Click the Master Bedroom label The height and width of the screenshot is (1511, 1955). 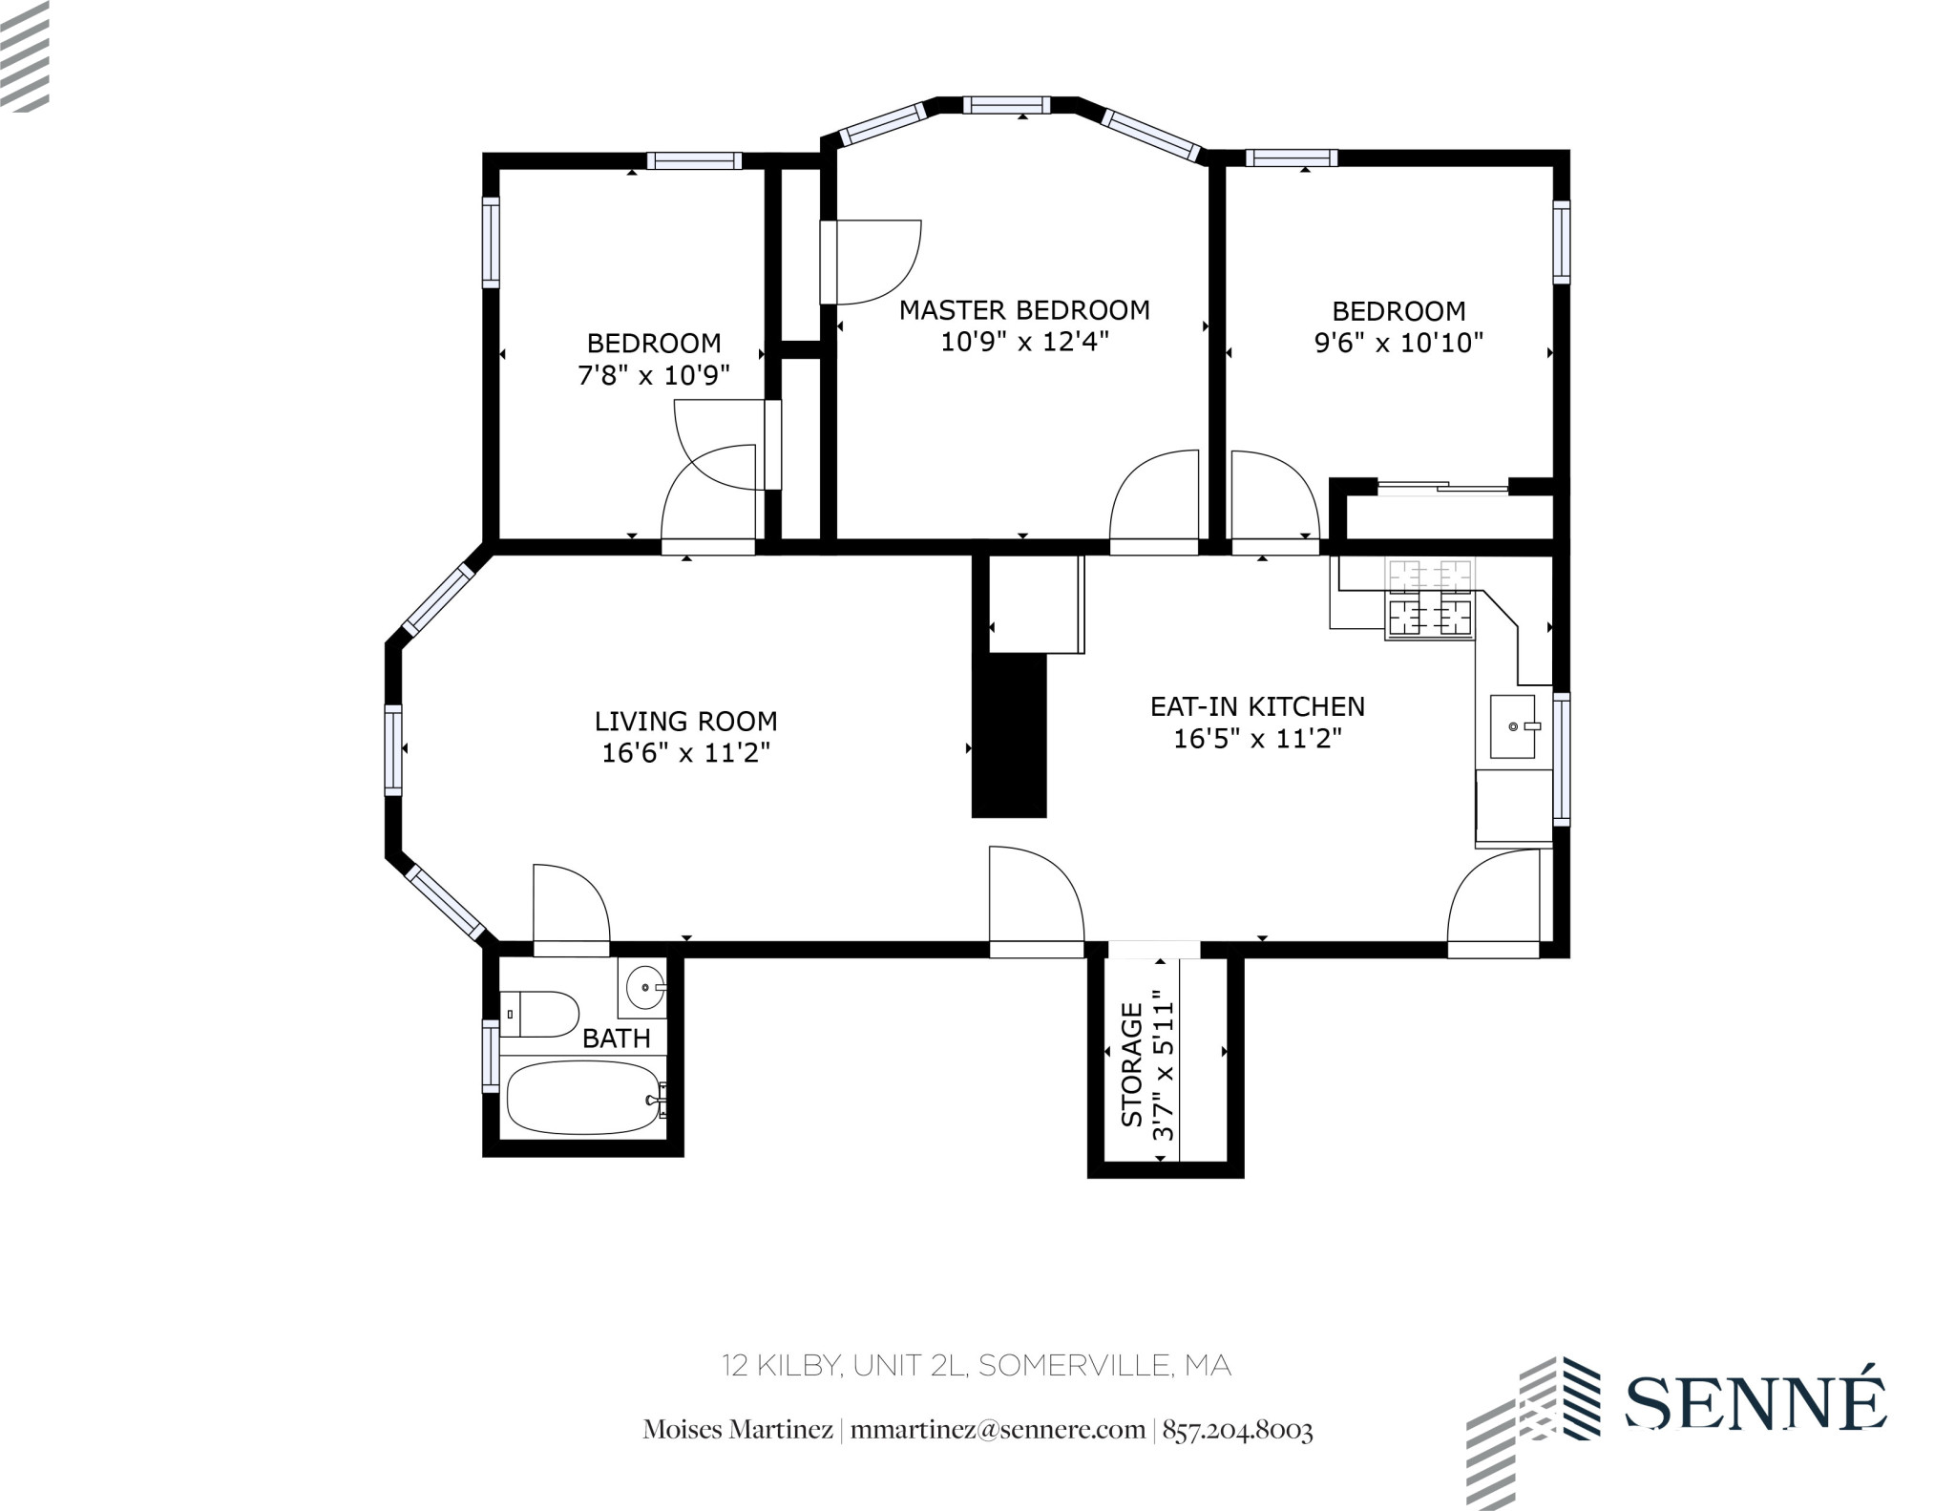[1024, 310]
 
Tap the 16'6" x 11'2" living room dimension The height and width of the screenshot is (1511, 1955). [685, 753]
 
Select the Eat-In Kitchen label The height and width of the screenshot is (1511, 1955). [1257, 706]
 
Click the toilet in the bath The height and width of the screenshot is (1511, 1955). [539, 1014]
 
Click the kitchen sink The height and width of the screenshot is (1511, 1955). [1514, 726]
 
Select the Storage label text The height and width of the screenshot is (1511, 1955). [1132, 1064]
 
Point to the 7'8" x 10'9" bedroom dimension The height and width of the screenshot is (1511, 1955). [654, 375]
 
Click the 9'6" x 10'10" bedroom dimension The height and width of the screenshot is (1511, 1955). [1398, 343]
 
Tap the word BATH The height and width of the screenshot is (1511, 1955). [616, 1039]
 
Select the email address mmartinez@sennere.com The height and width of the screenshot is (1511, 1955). [998, 1430]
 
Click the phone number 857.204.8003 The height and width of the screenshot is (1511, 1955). [1237, 1430]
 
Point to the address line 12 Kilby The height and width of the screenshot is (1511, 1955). [976, 1366]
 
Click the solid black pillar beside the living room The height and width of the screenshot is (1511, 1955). [1009, 735]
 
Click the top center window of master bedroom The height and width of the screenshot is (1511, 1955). [1006, 105]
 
